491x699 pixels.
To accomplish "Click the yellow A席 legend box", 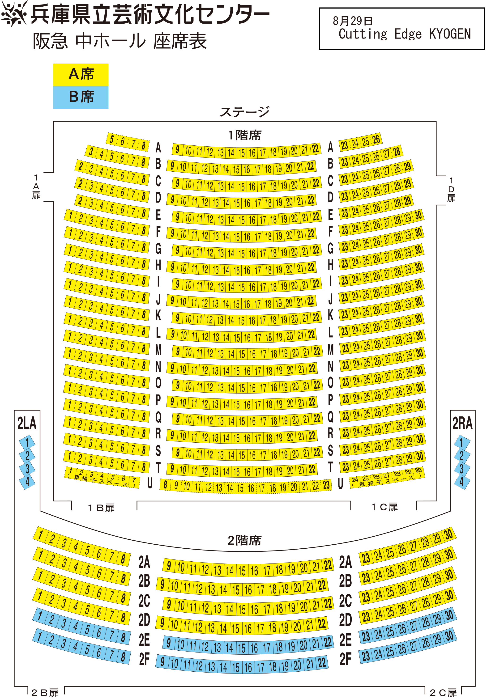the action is pyautogui.click(x=81, y=75).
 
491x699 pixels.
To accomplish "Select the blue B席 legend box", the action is pyautogui.click(x=81, y=97).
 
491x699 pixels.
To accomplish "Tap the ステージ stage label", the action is pyautogui.click(x=245, y=112).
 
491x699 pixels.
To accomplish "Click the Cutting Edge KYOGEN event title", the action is pyautogui.click(x=405, y=34).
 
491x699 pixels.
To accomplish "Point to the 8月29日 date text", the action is pyautogui.click(x=353, y=21).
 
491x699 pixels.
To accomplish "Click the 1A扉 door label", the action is pyautogui.click(x=36, y=186).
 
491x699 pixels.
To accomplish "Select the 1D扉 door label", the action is pyautogui.click(x=451, y=189).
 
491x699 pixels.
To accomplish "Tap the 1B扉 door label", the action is pyautogui.click(x=101, y=508).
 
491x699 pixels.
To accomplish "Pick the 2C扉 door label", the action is pyautogui.click(x=443, y=693).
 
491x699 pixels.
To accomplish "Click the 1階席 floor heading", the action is pyautogui.click(x=245, y=135).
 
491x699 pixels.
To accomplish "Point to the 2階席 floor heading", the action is pyautogui.click(x=245, y=540).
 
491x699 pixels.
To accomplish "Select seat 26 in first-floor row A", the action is pyautogui.click(x=376, y=140).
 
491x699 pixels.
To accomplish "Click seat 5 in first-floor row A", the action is pyautogui.click(x=111, y=140).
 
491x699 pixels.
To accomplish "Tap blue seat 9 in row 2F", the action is pyautogui.click(x=162, y=661).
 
